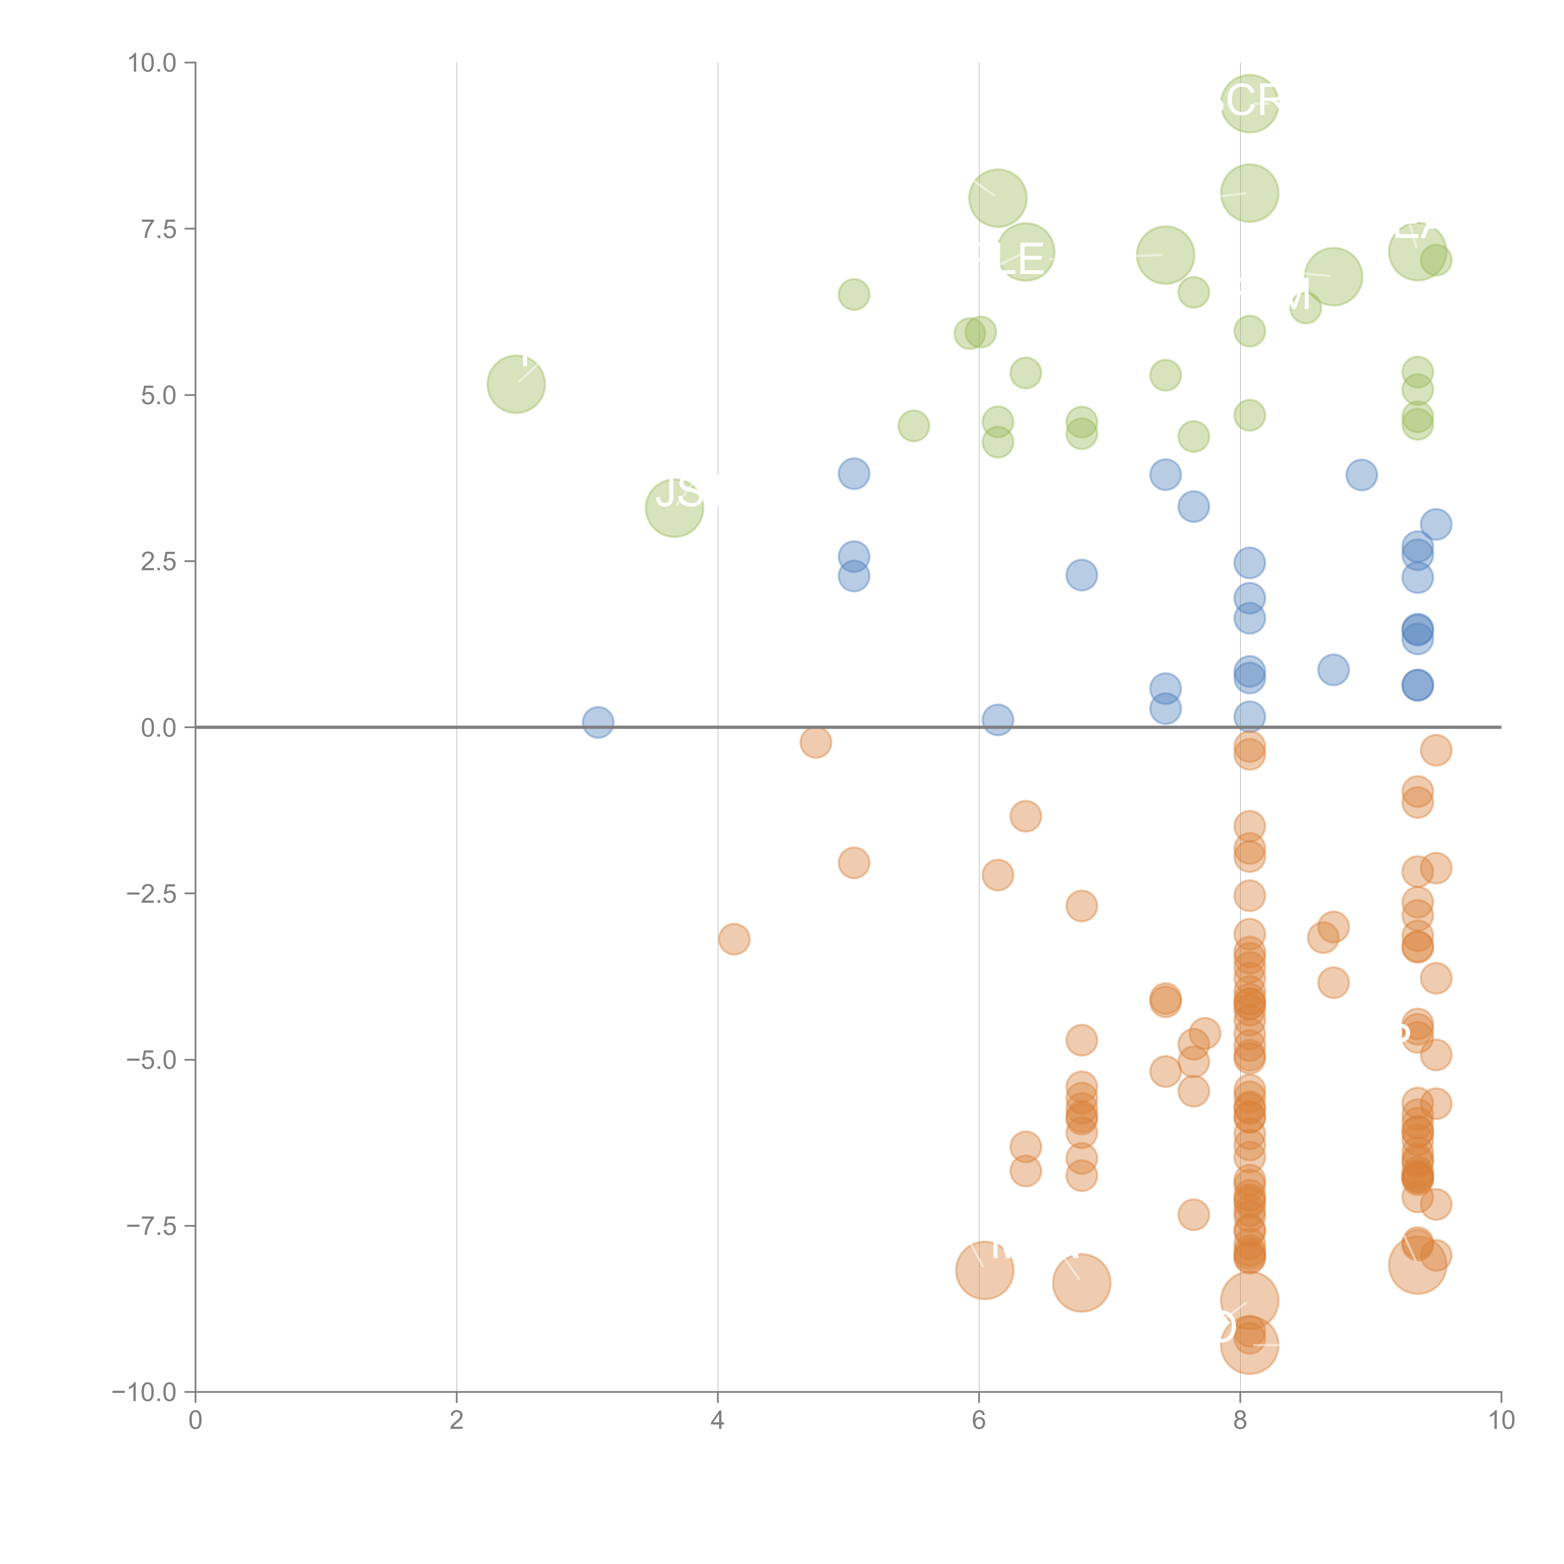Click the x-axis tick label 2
pos(457,1421)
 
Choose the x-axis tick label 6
pos(979,1421)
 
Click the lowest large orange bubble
pos(1249,1345)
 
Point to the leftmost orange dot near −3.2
pos(734,939)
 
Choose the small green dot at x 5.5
pos(913,426)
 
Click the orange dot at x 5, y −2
pos(853,863)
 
